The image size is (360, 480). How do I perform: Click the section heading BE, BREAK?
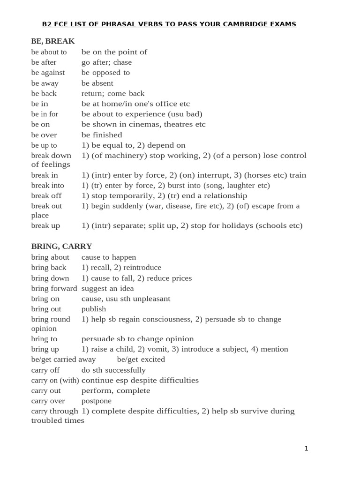(x=53, y=41)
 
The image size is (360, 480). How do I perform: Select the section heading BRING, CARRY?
(x=61, y=246)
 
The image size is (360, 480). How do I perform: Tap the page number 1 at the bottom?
(x=306, y=449)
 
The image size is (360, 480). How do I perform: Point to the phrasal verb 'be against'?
(x=48, y=73)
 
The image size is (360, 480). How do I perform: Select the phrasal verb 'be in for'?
(x=45, y=114)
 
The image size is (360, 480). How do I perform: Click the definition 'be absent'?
(x=97, y=83)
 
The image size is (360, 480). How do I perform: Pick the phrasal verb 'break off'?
(x=47, y=195)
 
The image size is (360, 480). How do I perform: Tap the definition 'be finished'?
(x=102, y=135)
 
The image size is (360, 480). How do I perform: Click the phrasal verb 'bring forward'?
(x=54, y=288)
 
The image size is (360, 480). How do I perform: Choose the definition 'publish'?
(x=94, y=309)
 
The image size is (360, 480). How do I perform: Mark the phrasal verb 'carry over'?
(x=48, y=401)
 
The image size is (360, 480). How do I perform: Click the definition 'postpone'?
(x=97, y=401)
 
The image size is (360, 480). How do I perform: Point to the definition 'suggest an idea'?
(x=108, y=288)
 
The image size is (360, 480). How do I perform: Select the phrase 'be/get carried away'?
(x=63, y=360)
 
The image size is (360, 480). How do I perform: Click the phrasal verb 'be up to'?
(x=44, y=145)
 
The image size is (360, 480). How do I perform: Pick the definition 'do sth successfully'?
(x=113, y=370)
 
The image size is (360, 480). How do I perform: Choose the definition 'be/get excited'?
(x=141, y=360)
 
